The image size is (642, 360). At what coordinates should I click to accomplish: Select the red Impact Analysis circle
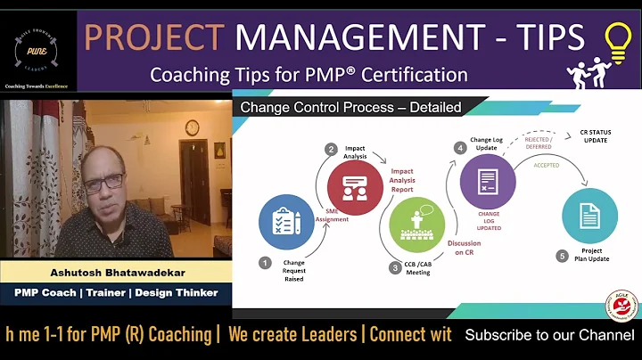355,188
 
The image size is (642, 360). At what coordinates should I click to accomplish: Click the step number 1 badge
265,262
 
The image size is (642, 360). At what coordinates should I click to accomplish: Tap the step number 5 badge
562,257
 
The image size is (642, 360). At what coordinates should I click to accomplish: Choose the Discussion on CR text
465,247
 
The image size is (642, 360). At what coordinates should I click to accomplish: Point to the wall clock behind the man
193,128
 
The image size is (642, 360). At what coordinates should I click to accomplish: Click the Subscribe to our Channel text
550,335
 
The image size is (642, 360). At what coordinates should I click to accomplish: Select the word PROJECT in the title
153,37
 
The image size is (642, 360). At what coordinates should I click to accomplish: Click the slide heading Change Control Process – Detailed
351,108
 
